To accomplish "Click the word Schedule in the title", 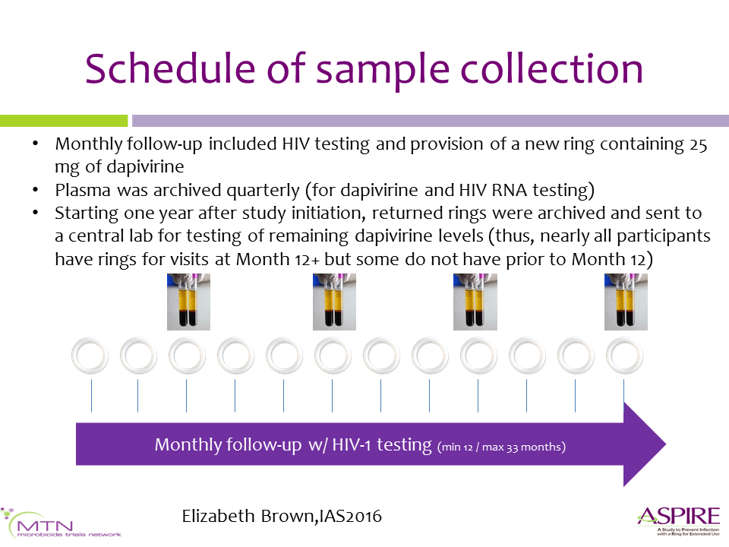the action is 170,68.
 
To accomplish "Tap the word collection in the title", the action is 551,68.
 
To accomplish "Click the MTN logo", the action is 61,523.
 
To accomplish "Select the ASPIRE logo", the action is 679,521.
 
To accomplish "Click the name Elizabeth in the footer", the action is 218,516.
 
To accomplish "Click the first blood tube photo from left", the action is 188,302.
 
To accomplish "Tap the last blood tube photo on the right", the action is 626,302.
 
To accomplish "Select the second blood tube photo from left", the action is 334,302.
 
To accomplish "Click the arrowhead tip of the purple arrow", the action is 666,444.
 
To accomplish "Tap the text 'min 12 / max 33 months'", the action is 501,447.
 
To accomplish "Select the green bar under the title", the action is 64,121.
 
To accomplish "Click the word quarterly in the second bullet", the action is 264,191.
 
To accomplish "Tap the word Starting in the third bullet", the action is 87,213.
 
